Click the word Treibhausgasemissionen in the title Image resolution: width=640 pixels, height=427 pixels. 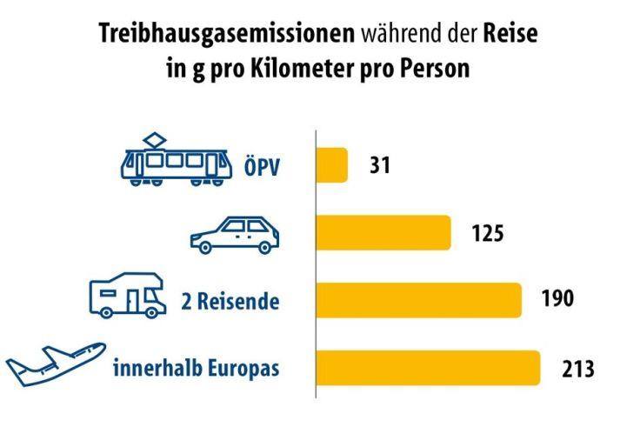coord(227,36)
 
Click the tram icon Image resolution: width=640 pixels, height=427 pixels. coord(177,162)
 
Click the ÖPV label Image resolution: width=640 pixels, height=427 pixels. coord(262,166)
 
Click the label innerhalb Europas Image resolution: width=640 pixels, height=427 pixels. coord(197,367)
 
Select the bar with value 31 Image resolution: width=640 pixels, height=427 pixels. coord(331,165)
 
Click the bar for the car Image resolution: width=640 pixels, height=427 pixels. coord(383,233)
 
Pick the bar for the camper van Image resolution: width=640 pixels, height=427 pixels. coord(418,300)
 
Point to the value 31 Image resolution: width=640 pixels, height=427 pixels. coord(380,165)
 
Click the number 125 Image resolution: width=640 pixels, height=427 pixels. coord(488,233)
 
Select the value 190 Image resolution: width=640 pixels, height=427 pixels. coord(557,300)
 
